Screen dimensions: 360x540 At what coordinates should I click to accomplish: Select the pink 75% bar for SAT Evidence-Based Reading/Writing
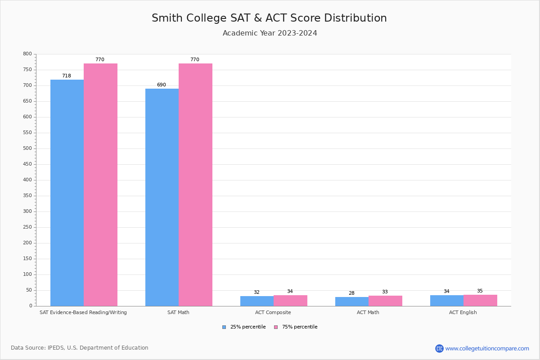tap(100, 184)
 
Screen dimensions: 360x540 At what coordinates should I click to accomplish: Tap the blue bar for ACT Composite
tap(257, 301)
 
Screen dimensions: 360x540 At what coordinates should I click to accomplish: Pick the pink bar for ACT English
tap(480, 301)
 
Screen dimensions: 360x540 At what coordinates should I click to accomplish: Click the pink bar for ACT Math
tap(385, 301)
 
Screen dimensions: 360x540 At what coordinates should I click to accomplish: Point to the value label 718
tap(67, 76)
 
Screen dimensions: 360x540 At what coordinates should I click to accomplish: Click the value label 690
tap(162, 85)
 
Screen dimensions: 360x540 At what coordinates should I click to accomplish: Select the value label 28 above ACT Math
tap(351, 293)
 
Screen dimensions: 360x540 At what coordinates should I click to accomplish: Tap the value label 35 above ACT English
tap(480, 291)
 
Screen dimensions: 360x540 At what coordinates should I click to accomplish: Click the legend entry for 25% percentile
tap(244, 327)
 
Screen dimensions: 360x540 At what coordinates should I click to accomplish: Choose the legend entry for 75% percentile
tap(296, 327)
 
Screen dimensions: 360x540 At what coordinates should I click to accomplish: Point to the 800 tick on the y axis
tap(27, 54)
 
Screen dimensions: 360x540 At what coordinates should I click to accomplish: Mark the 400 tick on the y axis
tap(27, 180)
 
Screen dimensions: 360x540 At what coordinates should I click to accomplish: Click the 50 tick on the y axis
tap(29, 290)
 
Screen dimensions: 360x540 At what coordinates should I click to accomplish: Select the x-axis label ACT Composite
tap(273, 312)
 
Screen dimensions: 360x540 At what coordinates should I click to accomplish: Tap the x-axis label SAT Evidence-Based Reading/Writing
tap(83, 312)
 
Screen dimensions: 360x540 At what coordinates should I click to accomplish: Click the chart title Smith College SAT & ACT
tap(269, 18)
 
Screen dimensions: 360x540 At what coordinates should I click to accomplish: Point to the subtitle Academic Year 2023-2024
tap(270, 33)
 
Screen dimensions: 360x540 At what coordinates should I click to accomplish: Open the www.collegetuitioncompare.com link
tap(487, 348)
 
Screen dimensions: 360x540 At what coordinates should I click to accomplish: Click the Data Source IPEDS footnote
tap(80, 348)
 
